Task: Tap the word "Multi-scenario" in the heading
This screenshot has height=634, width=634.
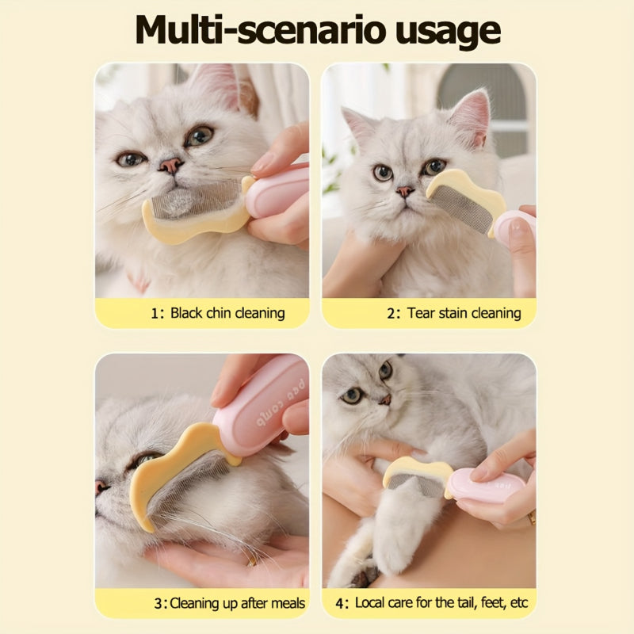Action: coord(260,29)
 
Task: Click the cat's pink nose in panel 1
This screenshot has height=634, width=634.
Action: coord(170,165)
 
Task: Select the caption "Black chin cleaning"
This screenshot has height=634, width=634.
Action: coord(227,313)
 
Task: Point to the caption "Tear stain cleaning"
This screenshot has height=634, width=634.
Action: coord(464,313)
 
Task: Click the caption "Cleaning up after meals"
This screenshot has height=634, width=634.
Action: coord(237,603)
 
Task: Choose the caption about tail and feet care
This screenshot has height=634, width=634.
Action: coord(441,602)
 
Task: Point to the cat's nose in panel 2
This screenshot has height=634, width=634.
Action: coord(405,191)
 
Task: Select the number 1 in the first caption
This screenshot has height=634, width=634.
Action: coord(155,314)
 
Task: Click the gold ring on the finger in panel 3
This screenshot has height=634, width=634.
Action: coord(252,560)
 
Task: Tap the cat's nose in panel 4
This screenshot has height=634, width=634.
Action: coord(385,400)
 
